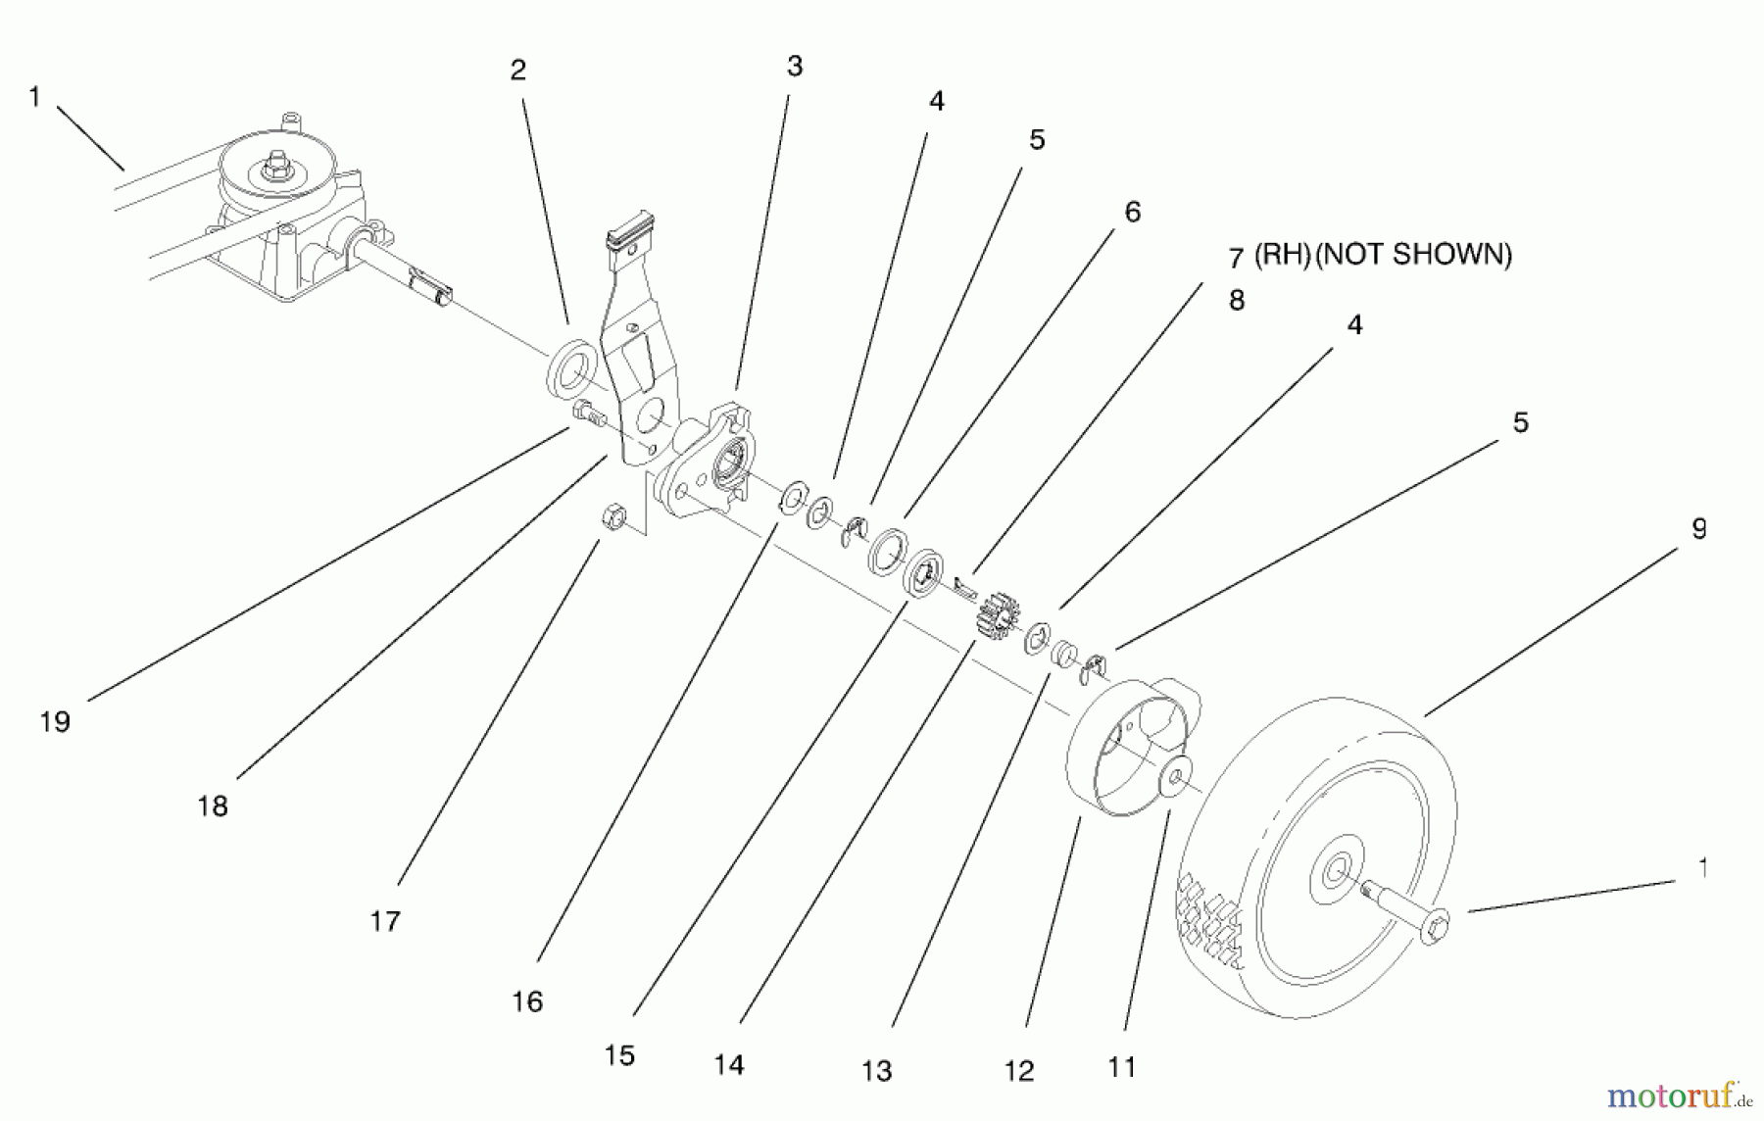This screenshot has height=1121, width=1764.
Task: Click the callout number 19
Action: click(56, 722)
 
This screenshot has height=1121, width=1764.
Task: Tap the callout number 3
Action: click(794, 67)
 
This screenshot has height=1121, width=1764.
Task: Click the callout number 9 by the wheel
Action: click(1698, 529)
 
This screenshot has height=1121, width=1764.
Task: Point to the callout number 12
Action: click(1018, 1071)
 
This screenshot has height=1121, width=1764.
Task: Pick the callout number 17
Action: click(385, 921)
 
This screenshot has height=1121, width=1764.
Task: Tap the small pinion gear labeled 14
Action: click(998, 616)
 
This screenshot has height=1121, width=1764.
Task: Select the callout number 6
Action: click(1133, 213)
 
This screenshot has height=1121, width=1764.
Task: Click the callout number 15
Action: click(619, 1055)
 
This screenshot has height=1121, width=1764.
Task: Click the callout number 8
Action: click(1236, 301)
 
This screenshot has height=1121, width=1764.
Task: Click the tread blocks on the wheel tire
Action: click(1211, 916)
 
